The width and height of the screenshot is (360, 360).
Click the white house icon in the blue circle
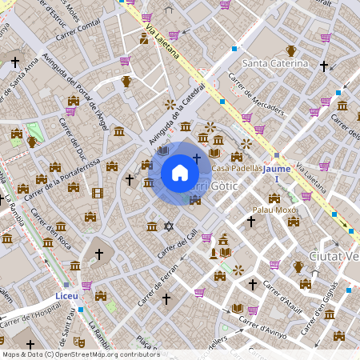click(x=180, y=173)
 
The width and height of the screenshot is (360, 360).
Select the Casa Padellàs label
click(x=236, y=169)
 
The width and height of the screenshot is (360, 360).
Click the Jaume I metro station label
click(x=277, y=174)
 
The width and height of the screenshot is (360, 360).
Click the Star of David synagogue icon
click(x=168, y=226)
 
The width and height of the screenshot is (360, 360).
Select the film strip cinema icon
click(x=98, y=193)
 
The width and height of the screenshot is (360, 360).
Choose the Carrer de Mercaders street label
click(x=256, y=94)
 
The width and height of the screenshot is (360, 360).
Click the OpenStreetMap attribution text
click(x=80, y=354)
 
